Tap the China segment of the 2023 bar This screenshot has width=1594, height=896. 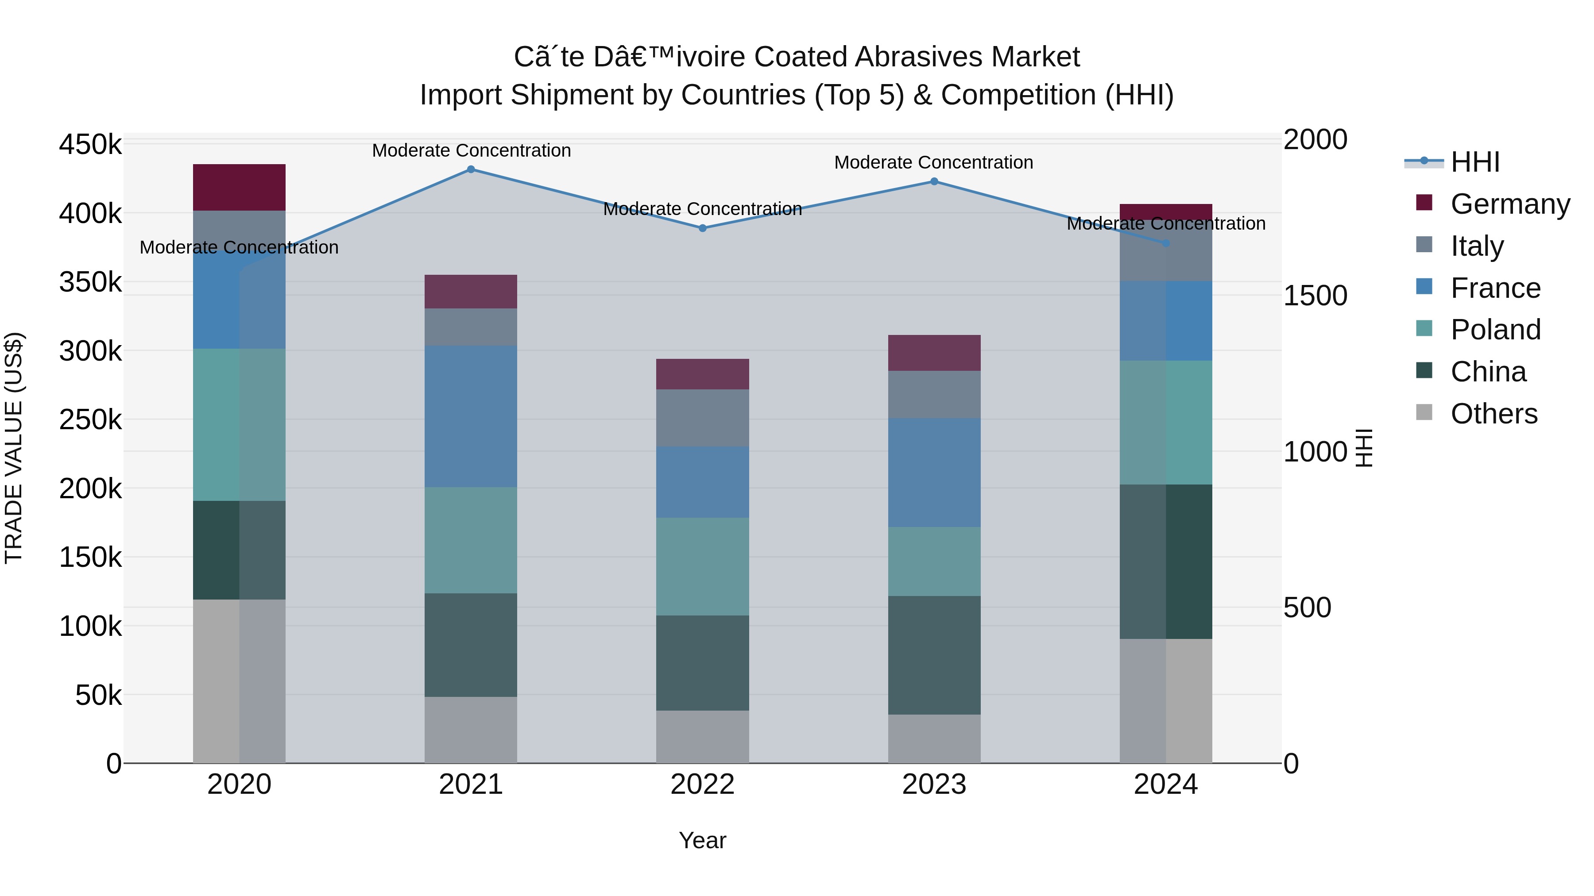click(934, 655)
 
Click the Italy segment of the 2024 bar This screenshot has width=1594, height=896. click(1166, 250)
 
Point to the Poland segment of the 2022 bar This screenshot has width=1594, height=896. click(702, 566)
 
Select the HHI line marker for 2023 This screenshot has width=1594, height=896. click(934, 181)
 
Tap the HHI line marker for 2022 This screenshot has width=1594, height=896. click(702, 228)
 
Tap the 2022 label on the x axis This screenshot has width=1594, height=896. click(702, 784)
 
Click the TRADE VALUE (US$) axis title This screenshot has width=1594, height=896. click(14, 448)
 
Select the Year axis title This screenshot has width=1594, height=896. click(702, 840)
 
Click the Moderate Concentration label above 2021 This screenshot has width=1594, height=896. click(471, 150)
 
